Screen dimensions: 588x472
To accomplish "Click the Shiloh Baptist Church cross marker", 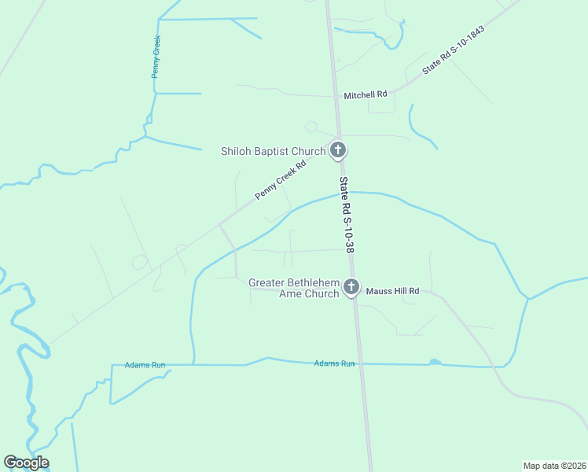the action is point(338,149).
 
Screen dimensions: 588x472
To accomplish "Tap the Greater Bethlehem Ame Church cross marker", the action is point(351,287).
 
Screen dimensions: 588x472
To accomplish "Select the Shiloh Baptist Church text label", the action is point(274,151).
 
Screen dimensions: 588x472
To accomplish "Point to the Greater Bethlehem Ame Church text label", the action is point(294,288).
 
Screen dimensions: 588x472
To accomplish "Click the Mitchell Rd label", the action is point(366,94).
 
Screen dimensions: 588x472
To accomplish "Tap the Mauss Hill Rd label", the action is point(391,291).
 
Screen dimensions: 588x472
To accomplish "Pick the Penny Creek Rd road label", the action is point(280,180).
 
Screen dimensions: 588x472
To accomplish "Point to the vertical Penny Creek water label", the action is point(156,56).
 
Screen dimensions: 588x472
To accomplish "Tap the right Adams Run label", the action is point(335,363).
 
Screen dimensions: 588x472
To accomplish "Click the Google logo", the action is point(27,463).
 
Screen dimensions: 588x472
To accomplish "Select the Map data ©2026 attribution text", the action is point(554,465).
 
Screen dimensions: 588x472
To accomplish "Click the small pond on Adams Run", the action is point(434,363).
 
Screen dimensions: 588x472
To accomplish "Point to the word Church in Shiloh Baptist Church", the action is point(308,151).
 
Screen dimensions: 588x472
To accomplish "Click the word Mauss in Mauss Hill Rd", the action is point(377,291).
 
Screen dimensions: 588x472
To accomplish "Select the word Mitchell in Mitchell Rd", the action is point(359,94).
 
